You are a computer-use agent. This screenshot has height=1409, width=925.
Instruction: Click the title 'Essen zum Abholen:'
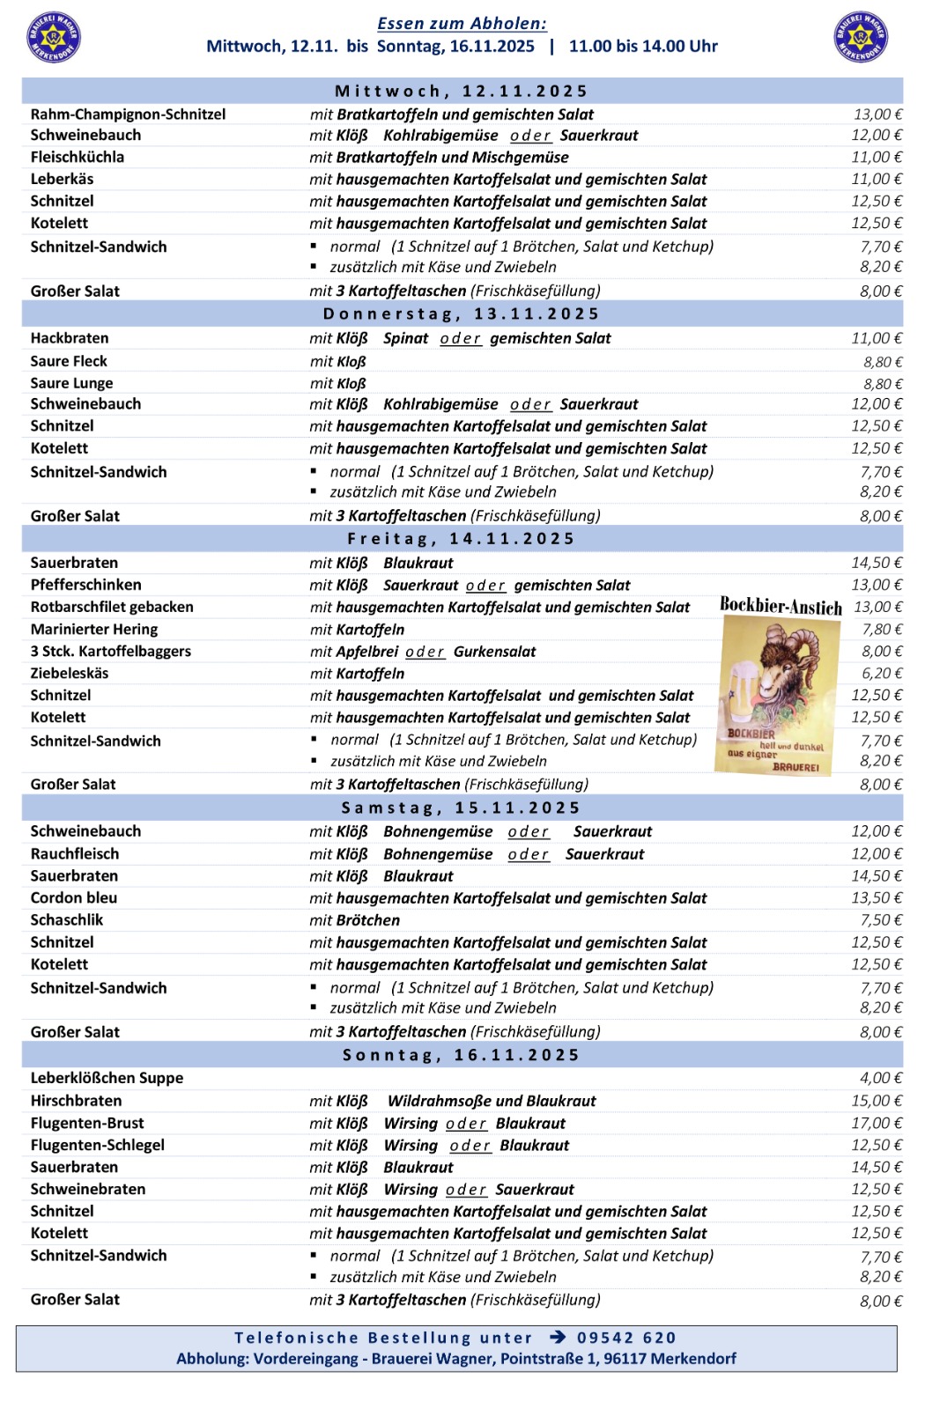pyautogui.click(x=462, y=24)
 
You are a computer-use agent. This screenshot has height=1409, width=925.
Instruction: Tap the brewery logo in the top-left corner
pyautogui.click(x=54, y=37)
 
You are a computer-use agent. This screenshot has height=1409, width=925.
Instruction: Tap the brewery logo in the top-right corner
pyautogui.click(x=860, y=37)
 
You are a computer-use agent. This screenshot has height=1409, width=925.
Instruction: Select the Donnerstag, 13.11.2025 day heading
pyautogui.click(x=462, y=314)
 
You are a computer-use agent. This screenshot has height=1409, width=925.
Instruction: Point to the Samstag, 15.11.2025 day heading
pyautogui.click(x=462, y=808)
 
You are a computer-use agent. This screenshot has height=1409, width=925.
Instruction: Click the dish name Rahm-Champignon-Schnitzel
pyautogui.click(x=128, y=114)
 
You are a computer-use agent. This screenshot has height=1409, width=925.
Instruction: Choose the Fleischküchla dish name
pyautogui.click(x=78, y=158)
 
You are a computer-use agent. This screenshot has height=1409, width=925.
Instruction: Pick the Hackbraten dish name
pyautogui.click(x=70, y=338)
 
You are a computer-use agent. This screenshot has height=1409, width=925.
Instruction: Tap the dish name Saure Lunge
pyautogui.click(x=71, y=383)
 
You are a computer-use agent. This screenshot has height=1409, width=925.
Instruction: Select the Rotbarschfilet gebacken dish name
pyautogui.click(x=112, y=607)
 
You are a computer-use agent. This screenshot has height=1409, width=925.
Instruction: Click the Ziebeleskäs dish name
pyautogui.click(x=70, y=674)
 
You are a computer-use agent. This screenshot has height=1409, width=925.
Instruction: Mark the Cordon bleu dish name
pyautogui.click(x=74, y=898)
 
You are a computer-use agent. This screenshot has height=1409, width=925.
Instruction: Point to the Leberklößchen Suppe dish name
pyautogui.click(x=107, y=1078)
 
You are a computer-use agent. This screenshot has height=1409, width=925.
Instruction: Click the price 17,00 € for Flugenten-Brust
pyautogui.click(x=877, y=1124)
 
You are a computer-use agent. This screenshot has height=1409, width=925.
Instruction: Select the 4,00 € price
pyautogui.click(x=881, y=1079)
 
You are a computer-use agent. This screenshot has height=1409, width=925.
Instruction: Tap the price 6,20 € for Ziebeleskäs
pyautogui.click(x=881, y=674)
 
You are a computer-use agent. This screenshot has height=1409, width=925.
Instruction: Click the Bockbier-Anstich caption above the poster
pyautogui.click(x=781, y=606)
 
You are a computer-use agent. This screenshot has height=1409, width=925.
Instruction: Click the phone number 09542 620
pyautogui.click(x=626, y=1339)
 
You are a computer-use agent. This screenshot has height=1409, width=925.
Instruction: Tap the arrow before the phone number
pyautogui.click(x=558, y=1338)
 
